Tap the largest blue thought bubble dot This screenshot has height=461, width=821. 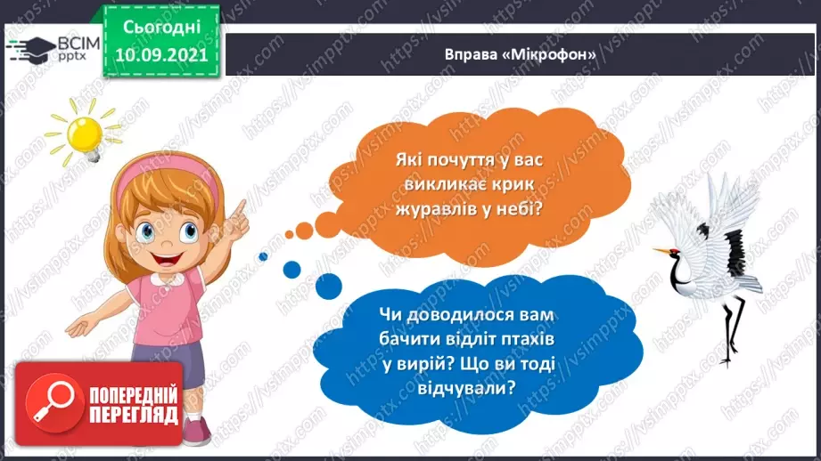click(328, 286)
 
